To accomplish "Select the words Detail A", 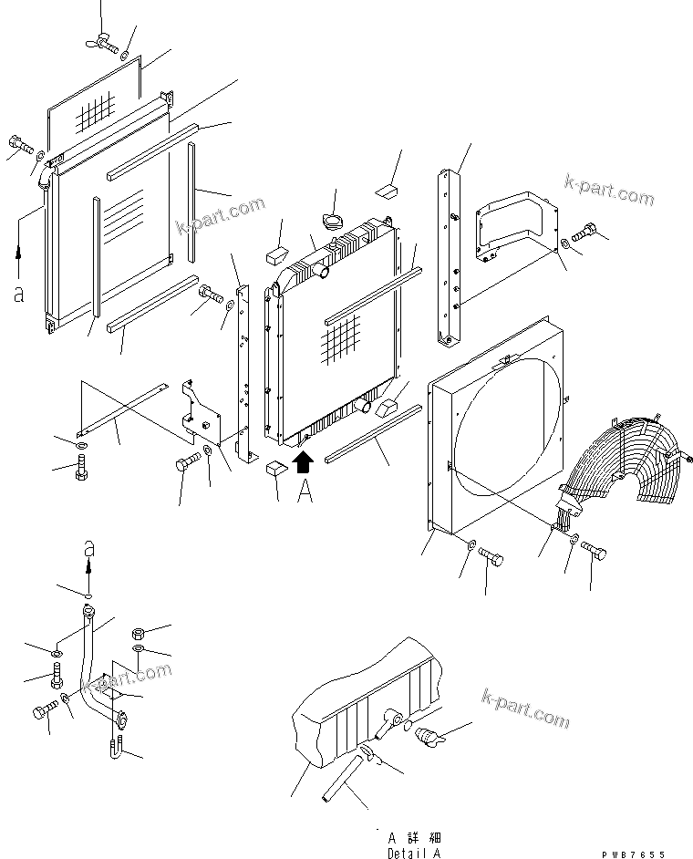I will pos(414,852).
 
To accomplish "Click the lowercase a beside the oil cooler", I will pos(18,294).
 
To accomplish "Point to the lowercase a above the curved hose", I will pos(88,548).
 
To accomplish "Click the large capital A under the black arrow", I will pos(305,492).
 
